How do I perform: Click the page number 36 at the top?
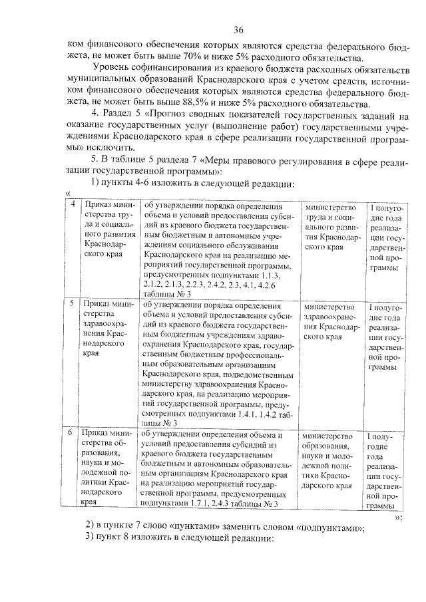tap(239, 29)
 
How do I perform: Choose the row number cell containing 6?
tap(73, 434)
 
